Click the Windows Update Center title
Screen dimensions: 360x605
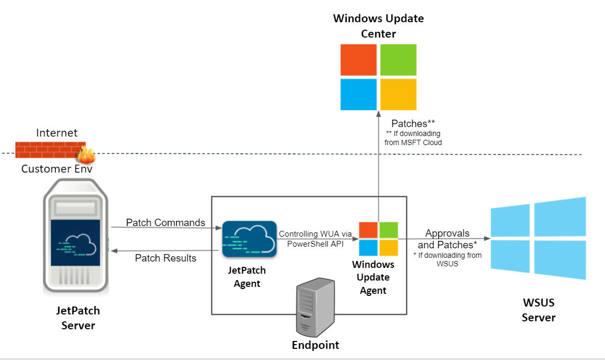tap(378, 26)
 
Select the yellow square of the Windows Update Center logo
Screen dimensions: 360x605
tap(399, 94)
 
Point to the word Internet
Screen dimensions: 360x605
tap(57, 132)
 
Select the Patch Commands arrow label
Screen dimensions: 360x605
tap(165, 222)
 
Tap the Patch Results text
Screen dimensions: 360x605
tap(165, 258)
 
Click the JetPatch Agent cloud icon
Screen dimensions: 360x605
tap(249, 239)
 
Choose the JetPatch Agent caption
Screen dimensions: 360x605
tap(247, 277)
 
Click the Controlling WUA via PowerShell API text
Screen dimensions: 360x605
tap(315, 239)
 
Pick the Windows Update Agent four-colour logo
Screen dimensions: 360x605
tap(378, 239)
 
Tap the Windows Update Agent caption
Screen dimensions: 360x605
tap(373, 277)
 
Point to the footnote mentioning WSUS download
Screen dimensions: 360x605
tap(447, 259)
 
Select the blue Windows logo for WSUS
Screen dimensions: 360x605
tap(538, 238)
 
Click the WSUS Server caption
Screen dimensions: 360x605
tap(538, 310)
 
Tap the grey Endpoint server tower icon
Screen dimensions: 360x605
tap(315, 307)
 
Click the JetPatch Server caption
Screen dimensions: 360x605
tap(78, 318)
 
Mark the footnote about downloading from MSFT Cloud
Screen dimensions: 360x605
tap(413, 138)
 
